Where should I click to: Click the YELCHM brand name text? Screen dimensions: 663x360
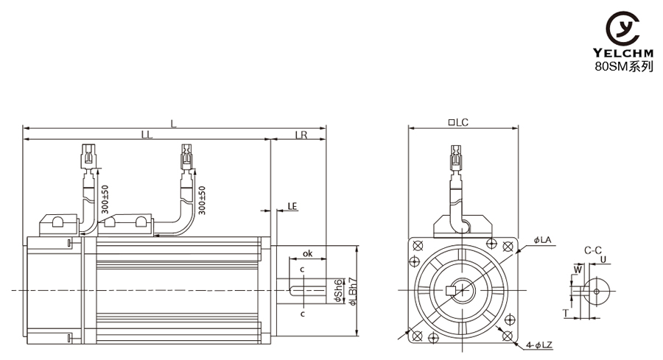tap(622, 53)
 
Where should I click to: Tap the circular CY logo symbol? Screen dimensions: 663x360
tap(622, 28)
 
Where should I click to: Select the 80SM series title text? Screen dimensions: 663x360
tap(624, 66)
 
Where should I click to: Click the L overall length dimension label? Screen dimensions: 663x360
tap(173, 124)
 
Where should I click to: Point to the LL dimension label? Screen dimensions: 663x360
tap(147, 135)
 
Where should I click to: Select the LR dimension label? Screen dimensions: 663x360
tap(301, 135)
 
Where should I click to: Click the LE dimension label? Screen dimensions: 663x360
tap(292, 206)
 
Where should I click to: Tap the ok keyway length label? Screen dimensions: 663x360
tap(308, 253)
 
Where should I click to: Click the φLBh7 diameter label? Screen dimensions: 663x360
tap(353, 292)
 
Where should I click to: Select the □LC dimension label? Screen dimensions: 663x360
tap(458, 122)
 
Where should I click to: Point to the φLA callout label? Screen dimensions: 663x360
tap(542, 240)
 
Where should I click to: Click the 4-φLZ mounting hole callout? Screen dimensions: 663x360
tap(539, 345)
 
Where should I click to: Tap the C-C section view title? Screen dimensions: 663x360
tap(593, 250)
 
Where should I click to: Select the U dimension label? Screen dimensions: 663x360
tap(603, 259)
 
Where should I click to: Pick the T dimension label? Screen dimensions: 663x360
tap(565, 313)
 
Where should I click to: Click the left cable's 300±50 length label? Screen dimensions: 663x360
tap(105, 200)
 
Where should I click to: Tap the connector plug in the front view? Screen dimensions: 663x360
tap(456, 158)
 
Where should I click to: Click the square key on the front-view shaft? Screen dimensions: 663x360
tap(451, 290)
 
